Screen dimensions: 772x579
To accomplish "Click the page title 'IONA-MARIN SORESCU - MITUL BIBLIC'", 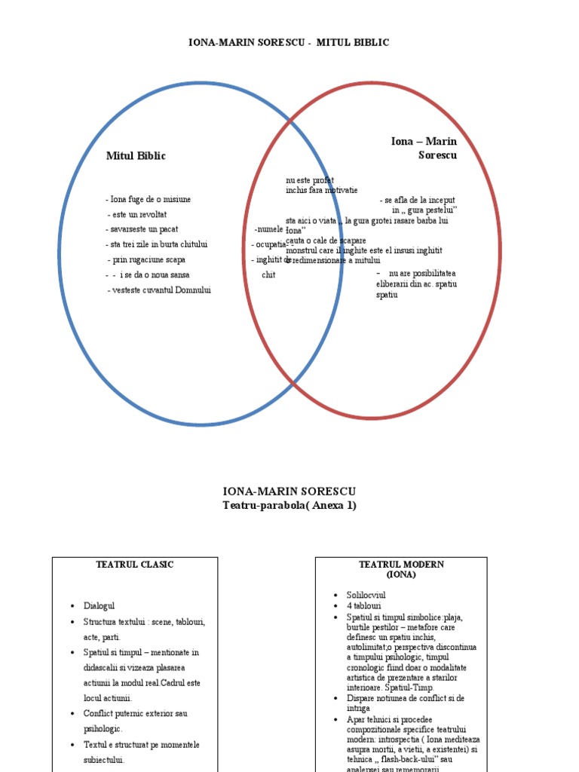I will pos(289,43).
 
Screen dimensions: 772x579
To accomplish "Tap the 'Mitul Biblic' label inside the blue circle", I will pos(136,156).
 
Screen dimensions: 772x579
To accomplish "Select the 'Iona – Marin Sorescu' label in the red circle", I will pos(424,148).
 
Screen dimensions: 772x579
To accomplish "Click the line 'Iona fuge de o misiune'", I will pos(150,199).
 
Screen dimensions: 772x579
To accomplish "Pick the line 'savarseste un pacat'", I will pos(143,229).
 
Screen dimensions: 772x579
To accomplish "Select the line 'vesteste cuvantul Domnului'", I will pos(160,289).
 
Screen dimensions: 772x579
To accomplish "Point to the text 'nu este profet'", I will pos(309,180).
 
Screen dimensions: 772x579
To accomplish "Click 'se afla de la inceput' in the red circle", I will pos(420,200).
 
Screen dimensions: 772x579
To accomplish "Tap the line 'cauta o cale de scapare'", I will pos(326,240).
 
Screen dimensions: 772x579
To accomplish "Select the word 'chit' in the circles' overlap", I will pos(268,275).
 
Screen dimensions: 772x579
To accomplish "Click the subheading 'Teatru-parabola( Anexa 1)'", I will pos(289,506).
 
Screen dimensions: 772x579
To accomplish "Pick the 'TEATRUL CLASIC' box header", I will pos(135,565).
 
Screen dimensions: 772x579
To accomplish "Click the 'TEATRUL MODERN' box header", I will pos(401,565).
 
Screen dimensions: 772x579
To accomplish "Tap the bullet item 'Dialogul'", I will pos(100,606).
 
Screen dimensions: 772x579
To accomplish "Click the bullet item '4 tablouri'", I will pos(364,605).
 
